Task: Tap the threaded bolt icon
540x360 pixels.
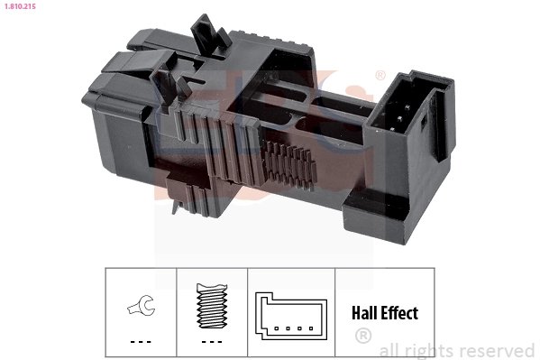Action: click(210, 304)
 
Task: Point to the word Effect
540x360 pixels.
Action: click(399, 314)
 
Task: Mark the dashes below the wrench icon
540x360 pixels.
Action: click(140, 341)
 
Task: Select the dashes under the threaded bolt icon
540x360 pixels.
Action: click(210, 341)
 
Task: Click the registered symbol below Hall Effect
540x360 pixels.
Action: click(363, 337)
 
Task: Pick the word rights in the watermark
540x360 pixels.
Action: click(435, 350)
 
